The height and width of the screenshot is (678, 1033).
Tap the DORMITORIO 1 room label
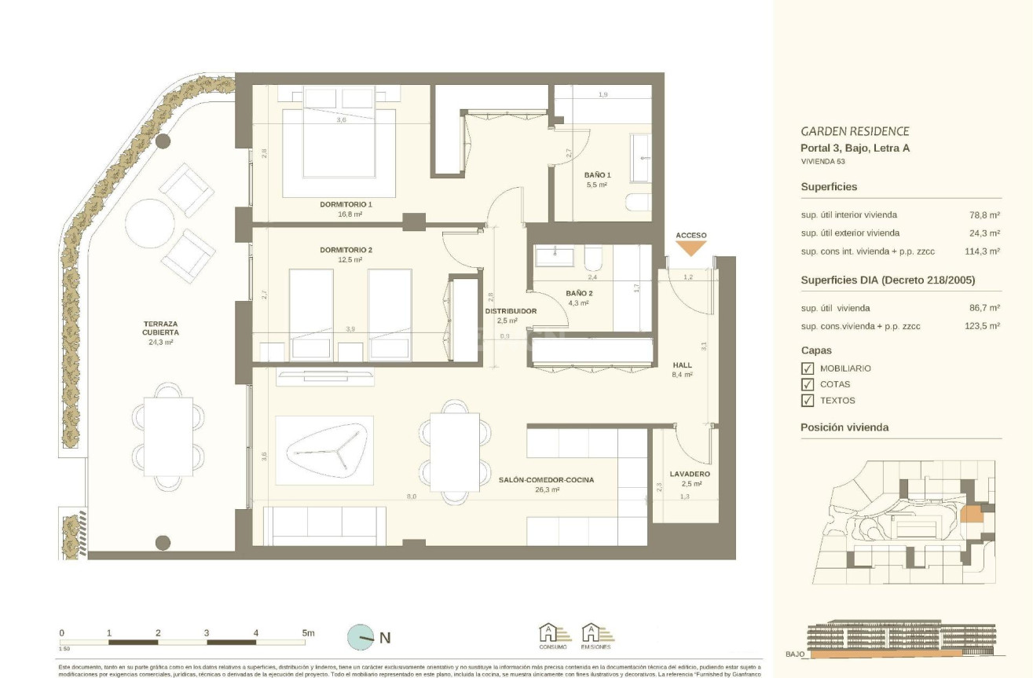click(346, 204)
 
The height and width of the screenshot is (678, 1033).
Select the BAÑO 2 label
click(578, 293)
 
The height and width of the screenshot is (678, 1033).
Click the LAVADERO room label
click(690, 475)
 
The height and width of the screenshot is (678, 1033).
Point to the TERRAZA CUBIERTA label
click(159, 328)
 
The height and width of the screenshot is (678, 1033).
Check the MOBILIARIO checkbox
click(807, 368)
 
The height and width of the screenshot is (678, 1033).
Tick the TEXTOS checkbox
click(807, 401)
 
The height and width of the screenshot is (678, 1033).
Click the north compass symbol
click(362, 637)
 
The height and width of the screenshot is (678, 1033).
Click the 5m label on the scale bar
click(307, 632)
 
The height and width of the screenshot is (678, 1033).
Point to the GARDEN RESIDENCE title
click(855, 131)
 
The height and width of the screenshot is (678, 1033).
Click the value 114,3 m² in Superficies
click(982, 251)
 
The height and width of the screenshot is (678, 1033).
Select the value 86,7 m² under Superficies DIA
click(984, 308)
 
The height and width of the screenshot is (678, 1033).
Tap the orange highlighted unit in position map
click(970, 515)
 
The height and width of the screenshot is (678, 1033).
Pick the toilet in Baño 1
click(638, 203)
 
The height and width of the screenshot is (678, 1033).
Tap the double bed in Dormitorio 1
click(339, 141)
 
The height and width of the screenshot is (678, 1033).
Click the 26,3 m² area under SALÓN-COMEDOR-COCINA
click(547, 489)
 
